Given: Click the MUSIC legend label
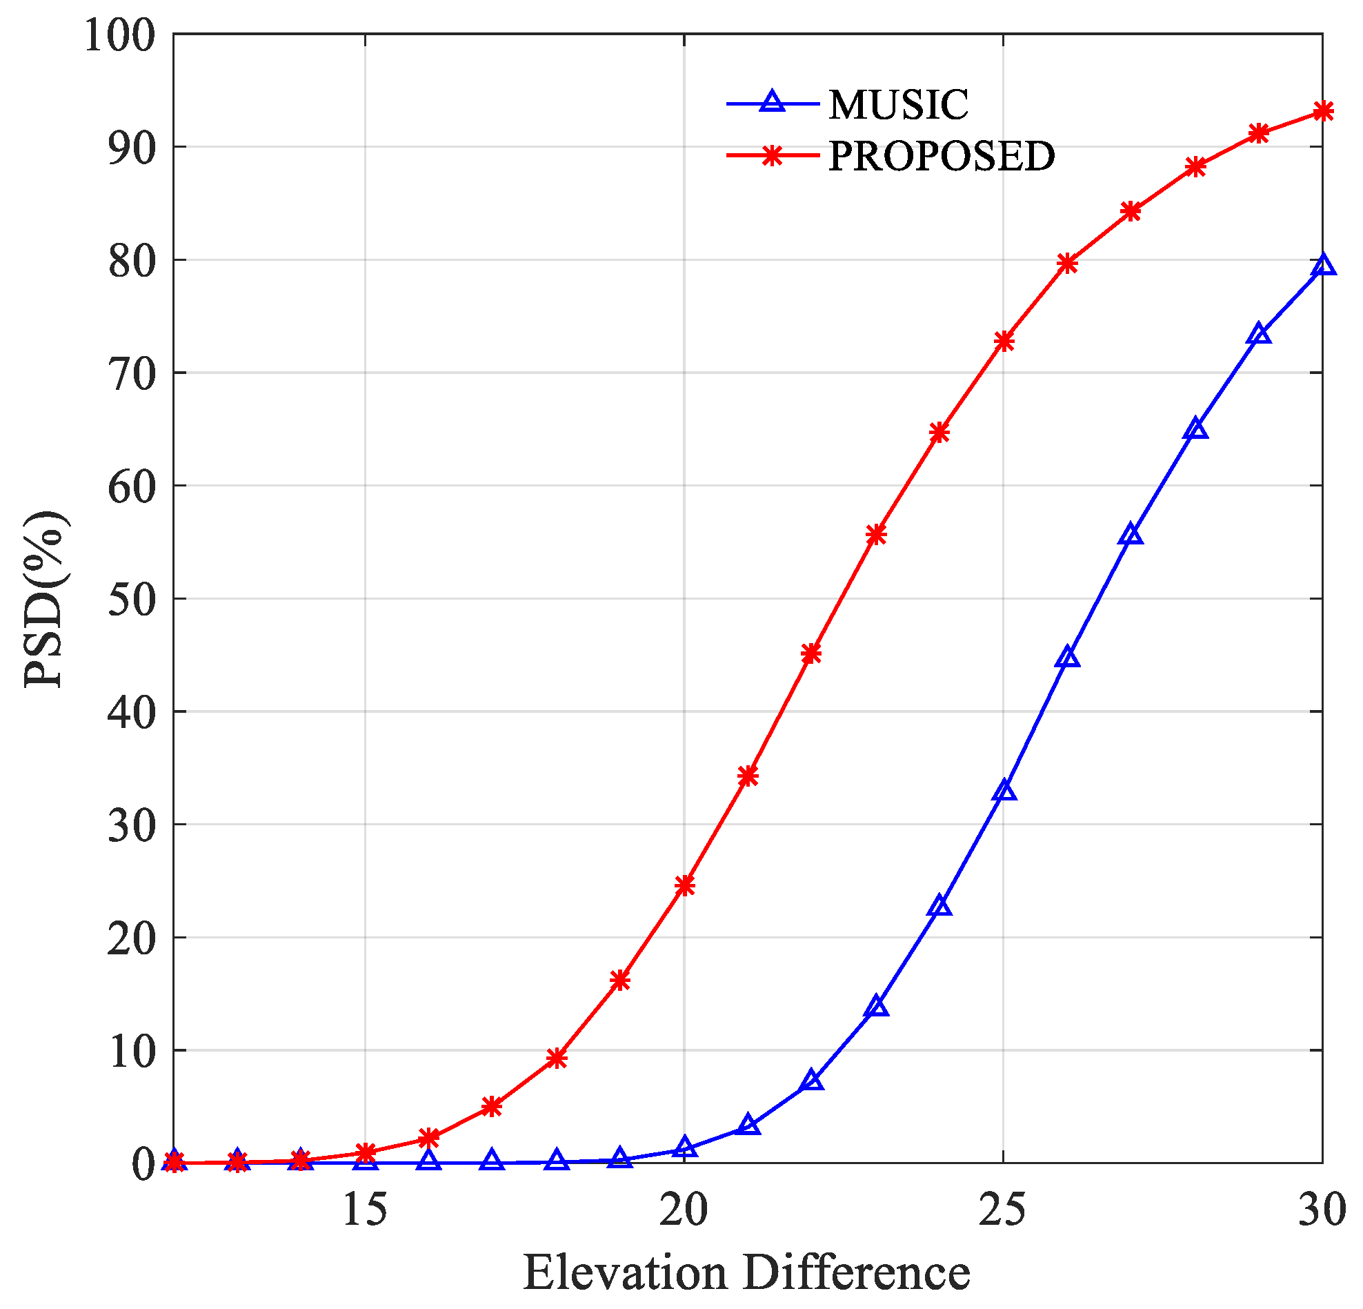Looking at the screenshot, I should click(x=898, y=105).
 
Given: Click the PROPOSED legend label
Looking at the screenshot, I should click(x=942, y=156).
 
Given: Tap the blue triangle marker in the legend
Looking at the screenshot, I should click(x=772, y=102).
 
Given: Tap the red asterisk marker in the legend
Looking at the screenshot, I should click(x=772, y=156).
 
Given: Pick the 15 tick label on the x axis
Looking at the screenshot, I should click(x=365, y=1210).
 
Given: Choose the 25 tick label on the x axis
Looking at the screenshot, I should click(x=1003, y=1210).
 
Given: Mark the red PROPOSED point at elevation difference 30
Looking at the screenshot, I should click(x=1323, y=111).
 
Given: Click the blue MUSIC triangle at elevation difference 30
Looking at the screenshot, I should click(x=1323, y=265).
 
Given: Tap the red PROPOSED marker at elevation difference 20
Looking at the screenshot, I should click(x=684, y=885).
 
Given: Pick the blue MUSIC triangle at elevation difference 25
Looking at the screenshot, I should click(x=1004, y=791).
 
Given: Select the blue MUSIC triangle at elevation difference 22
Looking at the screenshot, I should click(x=812, y=1080).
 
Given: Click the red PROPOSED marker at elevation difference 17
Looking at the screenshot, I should click(x=492, y=1107).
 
